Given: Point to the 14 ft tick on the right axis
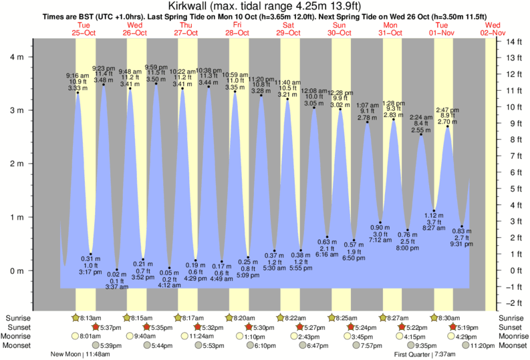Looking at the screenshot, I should tap(512, 41).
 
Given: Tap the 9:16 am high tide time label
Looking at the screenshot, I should tap(78, 75).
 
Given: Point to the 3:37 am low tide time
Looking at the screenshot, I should tap(117, 287).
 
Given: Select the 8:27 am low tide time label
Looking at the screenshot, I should tap(434, 228).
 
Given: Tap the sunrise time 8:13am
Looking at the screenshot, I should tap(92, 318).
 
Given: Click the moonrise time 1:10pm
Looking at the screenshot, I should tap(245, 337).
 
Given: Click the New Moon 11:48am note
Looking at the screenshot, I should tap(80, 355).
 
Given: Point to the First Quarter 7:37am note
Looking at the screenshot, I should tap(424, 355).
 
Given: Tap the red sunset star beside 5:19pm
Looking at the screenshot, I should tap(453, 327).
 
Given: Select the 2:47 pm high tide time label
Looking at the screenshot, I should tap(448, 110).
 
